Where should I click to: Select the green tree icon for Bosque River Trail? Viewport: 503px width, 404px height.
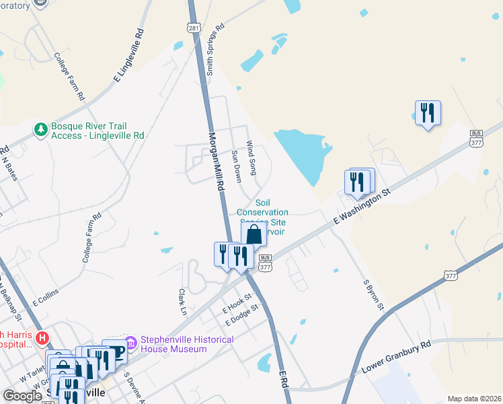pyautogui.click(x=41, y=128)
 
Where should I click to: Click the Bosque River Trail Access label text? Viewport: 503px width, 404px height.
pyautogui.click(x=98, y=131)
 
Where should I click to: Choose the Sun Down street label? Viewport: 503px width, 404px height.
pyautogui.click(x=236, y=162)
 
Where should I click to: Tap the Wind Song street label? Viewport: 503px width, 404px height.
pyautogui.click(x=251, y=158)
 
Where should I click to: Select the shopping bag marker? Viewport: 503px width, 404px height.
pyautogui.click(x=254, y=234)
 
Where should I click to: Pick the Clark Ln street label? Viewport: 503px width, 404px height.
pyautogui.click(x=182, y=302)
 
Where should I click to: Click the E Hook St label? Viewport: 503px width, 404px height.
pyautogui.click(x=237, y=303)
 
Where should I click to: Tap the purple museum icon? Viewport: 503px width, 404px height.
pyautogui.click(x=130, y=344)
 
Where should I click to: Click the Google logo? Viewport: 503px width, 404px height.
pyautogui.click(x=22, y=396)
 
